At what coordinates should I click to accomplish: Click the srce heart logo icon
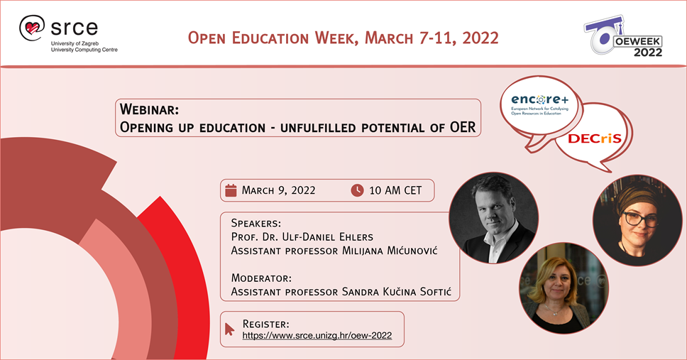(x=32, y=28)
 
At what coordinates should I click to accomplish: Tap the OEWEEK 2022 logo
(x=623, y=37)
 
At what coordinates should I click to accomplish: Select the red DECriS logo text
(x=595, y=138)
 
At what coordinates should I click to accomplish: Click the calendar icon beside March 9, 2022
(x=231, y=190)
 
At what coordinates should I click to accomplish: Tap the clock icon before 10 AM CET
(x=357, y=190)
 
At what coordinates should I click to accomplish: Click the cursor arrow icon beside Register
(x=229, y=329)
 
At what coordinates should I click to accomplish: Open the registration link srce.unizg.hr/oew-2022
(x=317, y=335)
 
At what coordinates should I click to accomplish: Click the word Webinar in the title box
(x=150, y=109)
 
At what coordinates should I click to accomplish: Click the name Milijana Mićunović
(x=390, y=251)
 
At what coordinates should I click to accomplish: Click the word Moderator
(x=261, y=278)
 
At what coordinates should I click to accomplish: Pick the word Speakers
(x=256, y=223)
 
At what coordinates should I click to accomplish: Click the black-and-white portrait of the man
(x=494, y=218)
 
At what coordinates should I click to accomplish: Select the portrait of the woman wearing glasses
(x=637, y=221)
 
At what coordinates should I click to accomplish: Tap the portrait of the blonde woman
(x=564, y=288)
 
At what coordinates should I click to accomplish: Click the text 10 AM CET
(x=395, y=190)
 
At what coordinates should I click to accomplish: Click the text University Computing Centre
(x=84, y=50)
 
